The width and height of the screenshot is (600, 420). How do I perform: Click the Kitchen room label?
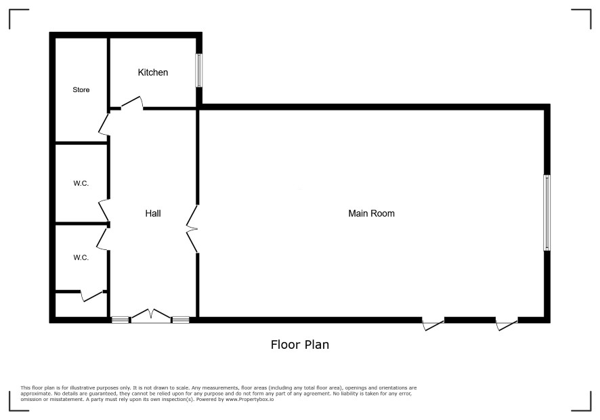[152, 72]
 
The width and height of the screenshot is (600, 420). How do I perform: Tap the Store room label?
[81, 89]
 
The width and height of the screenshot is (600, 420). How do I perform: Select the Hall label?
[152, 213]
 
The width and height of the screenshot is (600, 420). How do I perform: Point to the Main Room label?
[371, 213]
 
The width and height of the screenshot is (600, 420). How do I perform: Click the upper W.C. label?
[81, 184]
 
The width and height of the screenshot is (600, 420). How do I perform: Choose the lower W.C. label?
[81, 257]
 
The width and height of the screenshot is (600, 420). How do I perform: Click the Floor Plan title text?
[299, 345]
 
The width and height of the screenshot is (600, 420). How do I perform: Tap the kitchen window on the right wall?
[199, 70]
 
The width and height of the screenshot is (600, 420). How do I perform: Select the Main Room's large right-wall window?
[547, 213]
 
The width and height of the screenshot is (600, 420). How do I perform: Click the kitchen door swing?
[132, 102]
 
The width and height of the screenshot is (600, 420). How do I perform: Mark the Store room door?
[104, 123]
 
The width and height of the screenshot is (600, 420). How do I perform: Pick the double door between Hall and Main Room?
[192, 228]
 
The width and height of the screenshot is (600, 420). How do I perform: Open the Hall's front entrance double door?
[151, 315]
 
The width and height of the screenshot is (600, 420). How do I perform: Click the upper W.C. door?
[104, 211]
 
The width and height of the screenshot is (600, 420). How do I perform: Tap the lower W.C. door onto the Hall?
[102, 238]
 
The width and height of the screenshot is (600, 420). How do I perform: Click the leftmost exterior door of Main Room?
[433, 324]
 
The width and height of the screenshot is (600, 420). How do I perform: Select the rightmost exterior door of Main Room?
[507, 324]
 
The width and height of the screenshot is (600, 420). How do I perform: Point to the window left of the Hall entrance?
[120, 320]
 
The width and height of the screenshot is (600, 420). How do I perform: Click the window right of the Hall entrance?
[180, 320]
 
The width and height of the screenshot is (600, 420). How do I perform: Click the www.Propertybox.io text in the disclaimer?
[249, 399]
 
